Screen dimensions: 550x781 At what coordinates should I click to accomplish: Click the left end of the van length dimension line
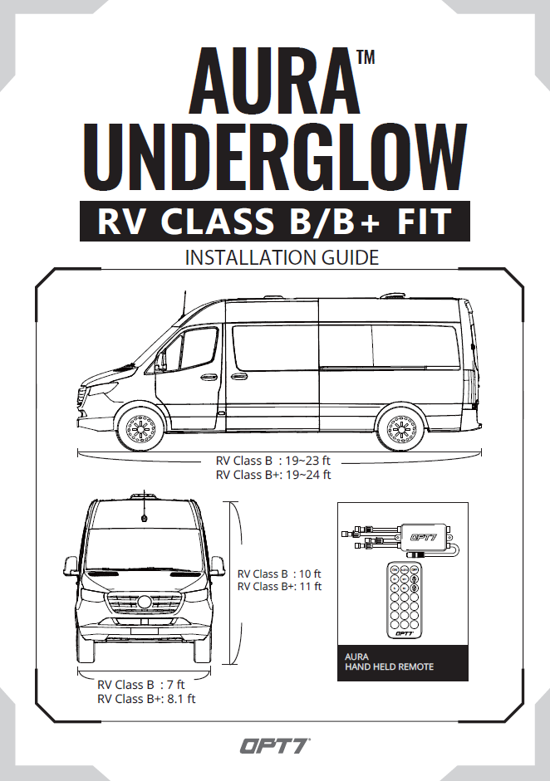click(x=77, y=453)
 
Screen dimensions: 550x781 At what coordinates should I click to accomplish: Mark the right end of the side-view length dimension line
click(x=482, y=453)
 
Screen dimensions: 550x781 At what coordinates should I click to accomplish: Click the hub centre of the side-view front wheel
click(x=141, y=429)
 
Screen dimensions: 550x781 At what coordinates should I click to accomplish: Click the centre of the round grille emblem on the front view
click(x=145, y=601)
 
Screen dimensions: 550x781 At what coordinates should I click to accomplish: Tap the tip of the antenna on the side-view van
click(x=185, y=290)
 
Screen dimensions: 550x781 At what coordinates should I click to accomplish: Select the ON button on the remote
click(x=395, y=569)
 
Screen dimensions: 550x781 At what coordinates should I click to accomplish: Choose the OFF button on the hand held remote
click(x=414, y=569)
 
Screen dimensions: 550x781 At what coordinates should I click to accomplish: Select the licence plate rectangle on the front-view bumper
click(x=145, y=631)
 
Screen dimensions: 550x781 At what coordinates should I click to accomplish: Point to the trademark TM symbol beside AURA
click(x=366, y=57)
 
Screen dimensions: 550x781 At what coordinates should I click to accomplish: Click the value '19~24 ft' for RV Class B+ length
click(x=307, y=475)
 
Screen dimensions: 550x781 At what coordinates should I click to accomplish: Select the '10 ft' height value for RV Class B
click(x=310, y=574)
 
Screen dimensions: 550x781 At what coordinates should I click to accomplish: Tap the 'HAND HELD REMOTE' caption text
click(x=390, y=667)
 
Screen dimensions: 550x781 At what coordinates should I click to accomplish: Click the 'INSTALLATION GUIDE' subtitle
click(x=282, y=257)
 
